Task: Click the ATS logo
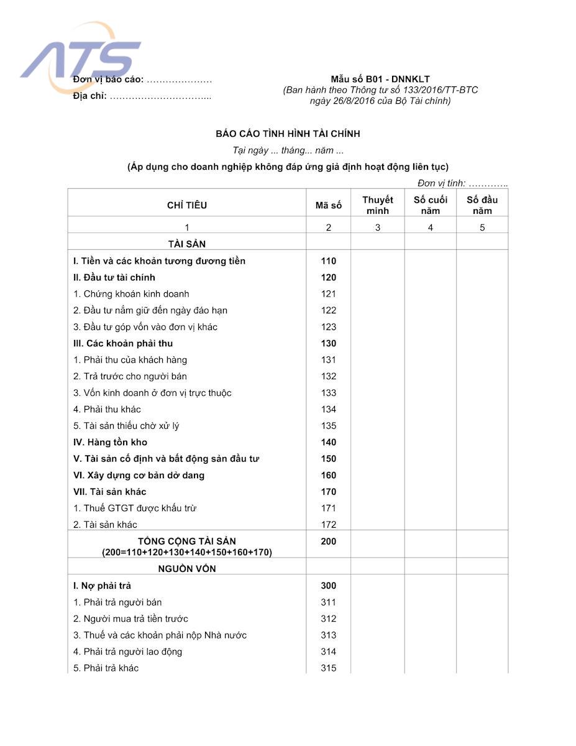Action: [81, 58]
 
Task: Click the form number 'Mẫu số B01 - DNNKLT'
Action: [380, 79]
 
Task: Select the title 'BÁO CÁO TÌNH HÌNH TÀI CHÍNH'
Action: [288, 134]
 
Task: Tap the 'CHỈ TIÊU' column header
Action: [187, 205]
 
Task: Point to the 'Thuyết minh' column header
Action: [378, 205]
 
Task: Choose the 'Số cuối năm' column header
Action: [430, 205]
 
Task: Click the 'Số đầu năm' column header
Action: [482, 205]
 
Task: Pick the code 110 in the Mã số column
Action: [328, 261]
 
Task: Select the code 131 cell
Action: [328, 360]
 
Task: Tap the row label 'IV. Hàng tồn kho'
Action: [110, 443]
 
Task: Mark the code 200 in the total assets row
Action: [328, 541]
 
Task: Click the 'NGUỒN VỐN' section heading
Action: [187, 569]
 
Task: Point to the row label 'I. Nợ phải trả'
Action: [102, 586]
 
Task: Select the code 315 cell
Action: [328, 668]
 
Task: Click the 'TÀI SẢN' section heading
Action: [187, 244]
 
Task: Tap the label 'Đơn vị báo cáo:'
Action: [108, 80]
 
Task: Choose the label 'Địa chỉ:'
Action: [90, 96]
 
